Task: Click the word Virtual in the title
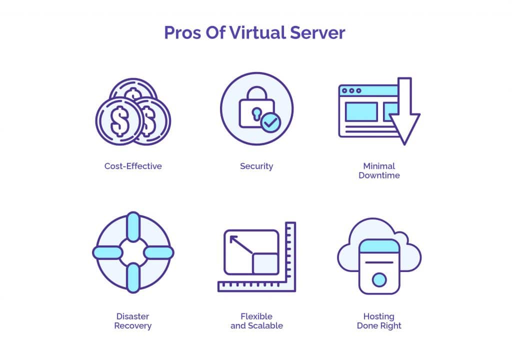tap(257, 32)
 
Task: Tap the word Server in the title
tap(317, 32)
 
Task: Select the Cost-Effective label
tap(133, 166)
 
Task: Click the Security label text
tap(256, 166)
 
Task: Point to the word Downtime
tap(379, 175)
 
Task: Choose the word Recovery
tap(133, 326)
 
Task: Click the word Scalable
tap(265, 325)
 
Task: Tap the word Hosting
tap(379, 316)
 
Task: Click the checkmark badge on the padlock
tap(271, 122)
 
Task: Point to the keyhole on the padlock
tap(256, 114)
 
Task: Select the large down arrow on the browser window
tap(404, 111)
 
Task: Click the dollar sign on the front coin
tap(120, 121)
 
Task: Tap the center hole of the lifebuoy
tap(133, 252)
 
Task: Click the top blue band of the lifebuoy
tap(133, 226)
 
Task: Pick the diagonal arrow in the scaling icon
tap(241, 245)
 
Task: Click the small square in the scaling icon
tap(265, 263)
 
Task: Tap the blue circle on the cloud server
tap(379, 280)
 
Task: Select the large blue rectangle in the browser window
tap(361, 111)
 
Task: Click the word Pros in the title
tap(182, 32)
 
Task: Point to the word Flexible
tap(256, 316)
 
